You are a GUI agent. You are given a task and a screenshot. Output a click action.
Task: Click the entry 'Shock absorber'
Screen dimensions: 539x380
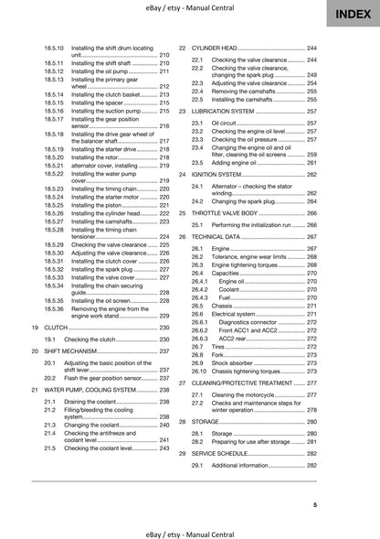click(x=236, y=361)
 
